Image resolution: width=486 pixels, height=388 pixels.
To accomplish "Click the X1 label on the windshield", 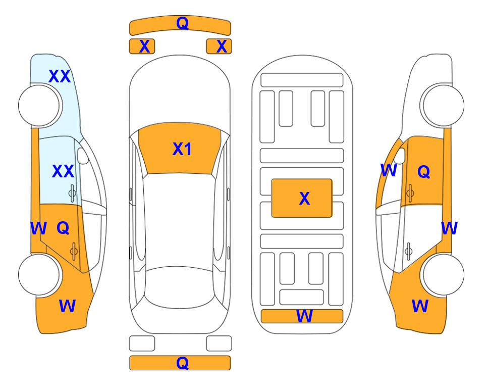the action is [182, 149].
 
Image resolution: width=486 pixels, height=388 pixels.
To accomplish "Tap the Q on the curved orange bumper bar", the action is [182, 23].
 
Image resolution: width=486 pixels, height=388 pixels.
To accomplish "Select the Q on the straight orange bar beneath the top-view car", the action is [182, 363].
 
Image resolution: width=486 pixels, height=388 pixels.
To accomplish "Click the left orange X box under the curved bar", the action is [142, 46].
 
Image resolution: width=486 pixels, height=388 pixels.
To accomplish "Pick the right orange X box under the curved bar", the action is [219, 46].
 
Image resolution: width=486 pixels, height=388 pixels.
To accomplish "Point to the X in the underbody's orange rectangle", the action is [304, 199].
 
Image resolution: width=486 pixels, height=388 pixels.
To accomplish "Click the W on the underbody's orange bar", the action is [304, 316].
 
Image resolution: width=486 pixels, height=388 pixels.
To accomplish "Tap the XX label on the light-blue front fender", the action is [60, 76].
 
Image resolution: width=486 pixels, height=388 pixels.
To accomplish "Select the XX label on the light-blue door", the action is [63, 171].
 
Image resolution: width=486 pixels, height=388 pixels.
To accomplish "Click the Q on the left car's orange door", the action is [63, 228].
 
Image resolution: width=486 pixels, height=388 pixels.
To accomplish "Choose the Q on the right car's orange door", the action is [424, 171].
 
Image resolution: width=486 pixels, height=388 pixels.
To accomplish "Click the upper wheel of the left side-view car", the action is [39, 106].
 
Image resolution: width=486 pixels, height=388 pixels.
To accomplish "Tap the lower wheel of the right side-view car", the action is [443, 274].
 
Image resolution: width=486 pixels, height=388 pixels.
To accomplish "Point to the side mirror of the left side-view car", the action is [83, 156].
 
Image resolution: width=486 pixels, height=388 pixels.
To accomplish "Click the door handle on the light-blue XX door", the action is [72, 193].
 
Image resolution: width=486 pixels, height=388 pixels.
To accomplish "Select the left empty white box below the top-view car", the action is [142, 344].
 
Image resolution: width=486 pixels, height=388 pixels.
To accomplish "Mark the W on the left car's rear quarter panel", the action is [67, 306].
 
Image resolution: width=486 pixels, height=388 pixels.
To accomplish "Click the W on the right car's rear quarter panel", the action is [420, 306].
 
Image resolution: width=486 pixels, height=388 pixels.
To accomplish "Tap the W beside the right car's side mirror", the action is [389, 170].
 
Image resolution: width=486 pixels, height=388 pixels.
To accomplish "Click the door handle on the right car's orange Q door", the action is [410, 193].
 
